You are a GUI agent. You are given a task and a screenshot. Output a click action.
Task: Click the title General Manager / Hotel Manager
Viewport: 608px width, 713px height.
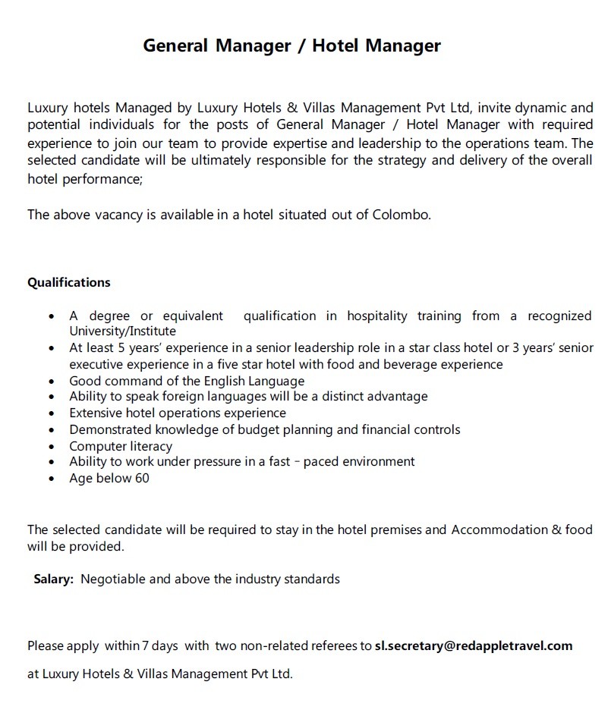pyautogui.click(x=291, y=46)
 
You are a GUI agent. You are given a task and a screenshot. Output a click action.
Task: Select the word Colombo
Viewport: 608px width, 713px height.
pyautogui.click(x=401, y=215)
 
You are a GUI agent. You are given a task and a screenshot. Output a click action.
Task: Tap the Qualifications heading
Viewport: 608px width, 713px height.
pyautogui.click(x=69, y=282)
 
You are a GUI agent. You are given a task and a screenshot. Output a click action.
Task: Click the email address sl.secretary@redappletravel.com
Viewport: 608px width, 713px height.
pyautogui.click(x=474, y=646)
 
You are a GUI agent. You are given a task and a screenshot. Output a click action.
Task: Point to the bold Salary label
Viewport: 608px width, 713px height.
pyautogui.click(x=53, y=580)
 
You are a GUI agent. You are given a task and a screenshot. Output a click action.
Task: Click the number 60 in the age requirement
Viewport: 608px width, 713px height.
pyautogui.click(x=142, y=479)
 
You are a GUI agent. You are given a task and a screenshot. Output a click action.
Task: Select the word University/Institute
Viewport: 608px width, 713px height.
pyautogui.click(x=122, y=331)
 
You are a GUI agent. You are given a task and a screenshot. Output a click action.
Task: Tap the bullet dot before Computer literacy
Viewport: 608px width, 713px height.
pyautogui.click(x=51, y=447)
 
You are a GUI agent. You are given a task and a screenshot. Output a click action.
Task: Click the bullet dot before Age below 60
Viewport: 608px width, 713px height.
pyautogui.click(x=51, y=479)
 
